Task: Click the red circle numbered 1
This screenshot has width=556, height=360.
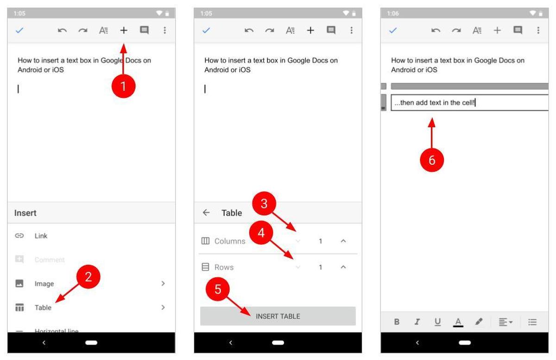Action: click(x=123, y=86)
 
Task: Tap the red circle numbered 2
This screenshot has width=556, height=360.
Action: click(x=88, y=278)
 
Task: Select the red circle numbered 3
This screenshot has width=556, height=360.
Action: click(x=264, y=205)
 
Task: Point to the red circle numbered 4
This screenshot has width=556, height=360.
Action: click(x=261, y=234)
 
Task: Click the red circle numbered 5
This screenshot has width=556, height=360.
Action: click(x=218, y=290)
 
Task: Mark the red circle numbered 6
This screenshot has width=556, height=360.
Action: click(x=432, y=160)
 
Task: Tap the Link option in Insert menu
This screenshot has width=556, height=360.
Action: click(x=41, y=236)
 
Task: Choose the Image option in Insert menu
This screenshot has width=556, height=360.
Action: click(x=44, y=284)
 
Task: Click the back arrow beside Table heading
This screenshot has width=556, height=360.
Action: click(x=206, y=213)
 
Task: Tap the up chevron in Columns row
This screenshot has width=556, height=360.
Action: click(x=343, y=241)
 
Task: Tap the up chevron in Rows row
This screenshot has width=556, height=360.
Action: click(x=343, y=267)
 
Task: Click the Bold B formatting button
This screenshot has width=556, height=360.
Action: click(x=397, y=322)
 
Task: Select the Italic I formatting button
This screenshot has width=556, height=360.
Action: click(x=417, y=322)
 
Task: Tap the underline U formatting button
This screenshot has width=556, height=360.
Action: click(x=438, y=322)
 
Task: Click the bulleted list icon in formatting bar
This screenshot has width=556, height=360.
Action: click(x=532, y=322)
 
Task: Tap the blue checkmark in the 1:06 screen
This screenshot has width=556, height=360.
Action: click(x=393, y=31)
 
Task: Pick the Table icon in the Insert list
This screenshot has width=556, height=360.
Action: click(x=19, y=308)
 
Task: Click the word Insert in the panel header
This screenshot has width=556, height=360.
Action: click(x=25, y=213)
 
